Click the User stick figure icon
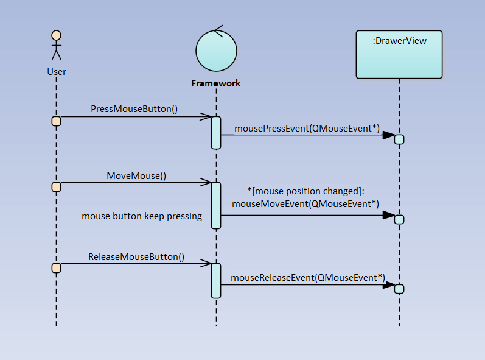(57, 46)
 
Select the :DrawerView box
(399, 55)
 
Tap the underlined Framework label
(216, 83)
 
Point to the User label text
(57, 72)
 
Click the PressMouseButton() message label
(134, 109)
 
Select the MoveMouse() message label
(136, 175)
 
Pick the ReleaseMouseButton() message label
(136, 256)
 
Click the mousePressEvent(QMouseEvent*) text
(307, 128)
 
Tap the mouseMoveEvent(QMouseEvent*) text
(305, 204)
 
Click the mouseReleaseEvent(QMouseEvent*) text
(307, 277)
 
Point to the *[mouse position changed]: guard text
(305, 191)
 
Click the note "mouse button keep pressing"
(142, 216)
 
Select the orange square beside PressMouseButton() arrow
(56, 121)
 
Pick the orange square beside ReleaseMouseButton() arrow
(56, 268)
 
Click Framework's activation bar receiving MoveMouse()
(216, 205)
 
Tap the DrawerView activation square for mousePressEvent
(399, 139)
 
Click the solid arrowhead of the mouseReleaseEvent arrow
(388, 284)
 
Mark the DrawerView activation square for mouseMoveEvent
(399, 219)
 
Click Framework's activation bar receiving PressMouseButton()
(216, 132)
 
